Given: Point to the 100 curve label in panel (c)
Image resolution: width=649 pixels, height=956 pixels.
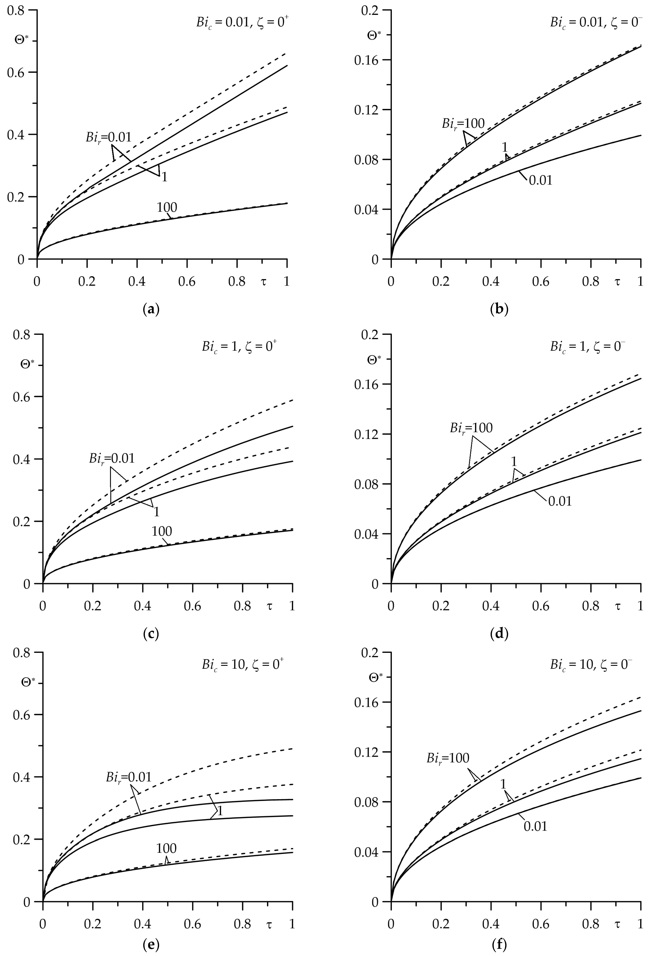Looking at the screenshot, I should click(162, 531).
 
